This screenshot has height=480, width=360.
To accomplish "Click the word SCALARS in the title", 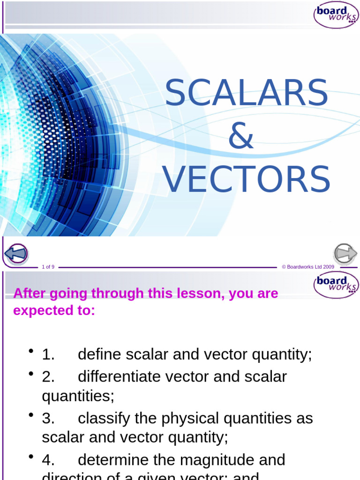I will coord(246,93).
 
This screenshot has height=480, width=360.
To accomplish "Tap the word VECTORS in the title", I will coord(246,179).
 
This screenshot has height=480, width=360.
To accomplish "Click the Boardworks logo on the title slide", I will coord(336,15).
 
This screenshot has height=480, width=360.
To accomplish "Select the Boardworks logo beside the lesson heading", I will coord(336,285).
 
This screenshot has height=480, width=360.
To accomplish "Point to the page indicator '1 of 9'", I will coord(48,267).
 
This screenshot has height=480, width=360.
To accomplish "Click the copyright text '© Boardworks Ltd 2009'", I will coord(308,267).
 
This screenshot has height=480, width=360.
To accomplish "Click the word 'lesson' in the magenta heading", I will coord(190,294).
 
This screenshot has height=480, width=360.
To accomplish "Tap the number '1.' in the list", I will coord(48,355).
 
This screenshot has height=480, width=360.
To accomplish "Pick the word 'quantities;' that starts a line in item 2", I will coord(78,396).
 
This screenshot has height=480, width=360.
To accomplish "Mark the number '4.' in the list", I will coord(48,460).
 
